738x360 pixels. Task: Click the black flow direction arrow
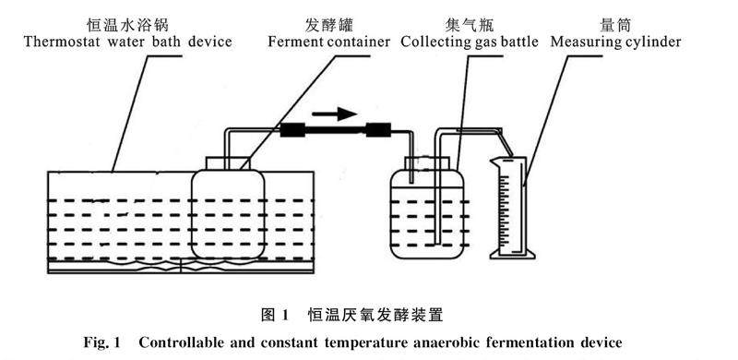334,114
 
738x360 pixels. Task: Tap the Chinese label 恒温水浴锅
127,25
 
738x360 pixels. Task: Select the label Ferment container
329,42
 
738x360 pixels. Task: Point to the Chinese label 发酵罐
329,25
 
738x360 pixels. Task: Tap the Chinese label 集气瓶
470,25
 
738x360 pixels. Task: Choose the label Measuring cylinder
615,42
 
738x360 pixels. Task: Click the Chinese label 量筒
615,25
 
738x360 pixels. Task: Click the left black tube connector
292,129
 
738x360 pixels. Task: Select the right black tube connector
378,129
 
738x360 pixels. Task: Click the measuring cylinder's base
513,255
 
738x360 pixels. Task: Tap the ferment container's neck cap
228,163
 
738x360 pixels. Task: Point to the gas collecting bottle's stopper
427,163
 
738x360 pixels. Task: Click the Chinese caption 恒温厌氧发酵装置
375,315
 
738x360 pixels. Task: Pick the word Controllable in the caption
179,342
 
